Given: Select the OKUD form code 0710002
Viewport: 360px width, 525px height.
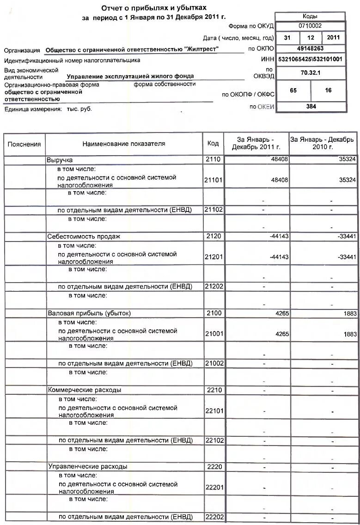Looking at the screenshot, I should [310, 26].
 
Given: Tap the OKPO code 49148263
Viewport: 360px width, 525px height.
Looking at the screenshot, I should [310, 48].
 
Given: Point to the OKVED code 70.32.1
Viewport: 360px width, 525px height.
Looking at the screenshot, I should [310, 72].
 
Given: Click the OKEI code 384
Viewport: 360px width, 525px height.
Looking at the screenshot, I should [311, 106].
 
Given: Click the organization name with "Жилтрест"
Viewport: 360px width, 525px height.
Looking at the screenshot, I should [132, 49].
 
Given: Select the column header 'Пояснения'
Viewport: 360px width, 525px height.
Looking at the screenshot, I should [24, 144].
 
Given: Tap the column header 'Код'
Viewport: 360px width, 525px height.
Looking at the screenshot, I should [213, 144].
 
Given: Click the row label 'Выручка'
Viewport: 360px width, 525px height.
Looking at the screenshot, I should [60, 160].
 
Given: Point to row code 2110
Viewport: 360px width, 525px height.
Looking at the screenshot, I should [214, 160].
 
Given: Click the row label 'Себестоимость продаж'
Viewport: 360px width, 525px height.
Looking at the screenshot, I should [84, 236].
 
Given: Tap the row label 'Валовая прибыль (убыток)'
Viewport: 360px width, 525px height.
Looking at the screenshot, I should [89, 313].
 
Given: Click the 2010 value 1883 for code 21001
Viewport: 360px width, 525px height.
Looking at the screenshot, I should [350, 333].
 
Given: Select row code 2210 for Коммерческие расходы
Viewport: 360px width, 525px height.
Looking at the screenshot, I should [214, 390].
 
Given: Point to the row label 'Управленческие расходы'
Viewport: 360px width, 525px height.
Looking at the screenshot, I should [87, 466].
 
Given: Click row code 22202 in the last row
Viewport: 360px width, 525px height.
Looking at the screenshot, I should [214, 517].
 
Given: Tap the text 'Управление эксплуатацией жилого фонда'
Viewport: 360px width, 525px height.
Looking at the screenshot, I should [130, 76].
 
